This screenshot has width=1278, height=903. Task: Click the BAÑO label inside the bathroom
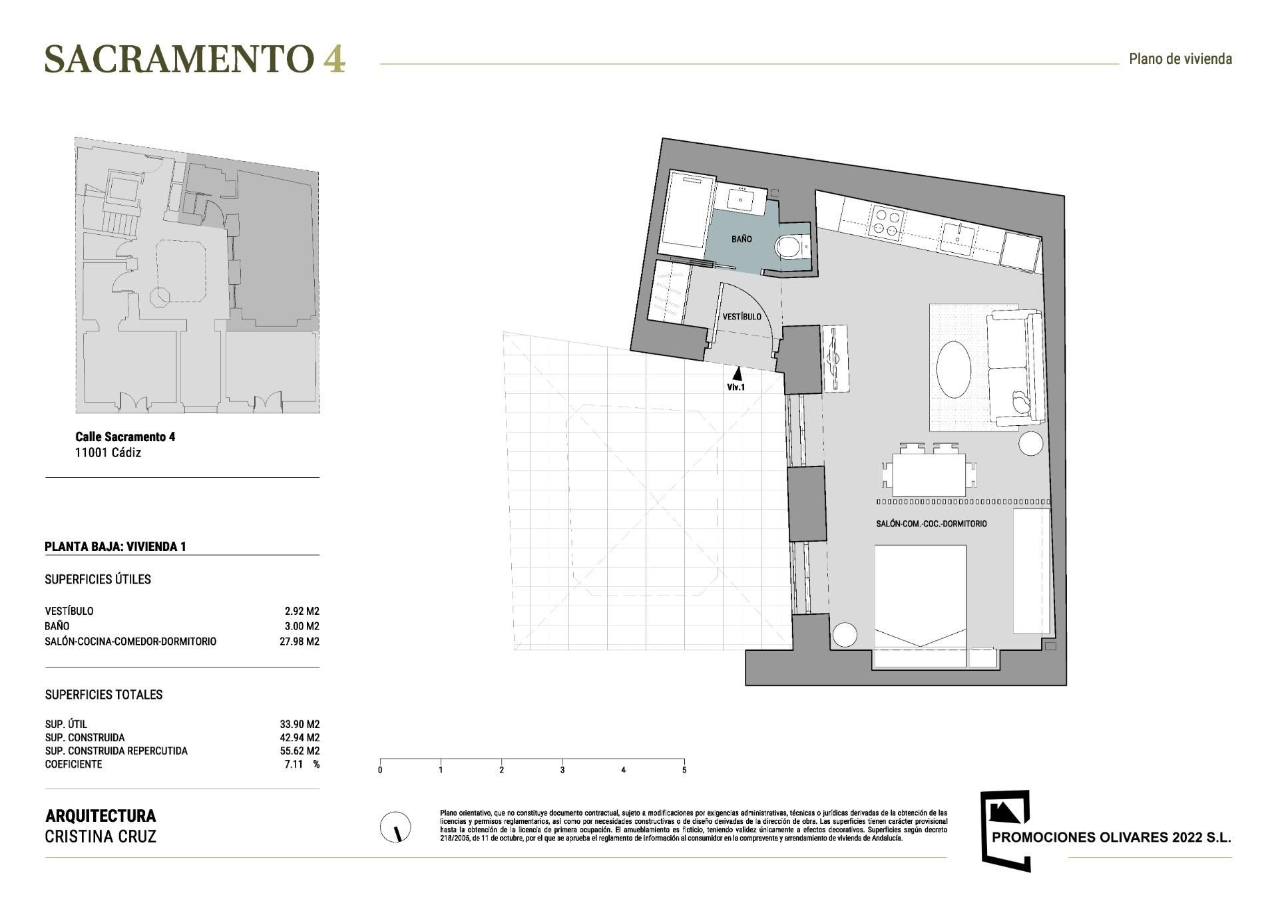click(x=742, y=239)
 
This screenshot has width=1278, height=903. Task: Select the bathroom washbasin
click(x=740, y=198)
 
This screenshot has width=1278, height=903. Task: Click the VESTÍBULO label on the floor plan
click(x=742, y=317)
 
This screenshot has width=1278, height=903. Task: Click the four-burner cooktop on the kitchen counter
click(x=886, y=223)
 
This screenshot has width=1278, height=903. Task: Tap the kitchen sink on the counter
click(x=958, y=238)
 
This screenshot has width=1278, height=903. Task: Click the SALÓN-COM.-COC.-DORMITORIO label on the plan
click(x=931, y=524)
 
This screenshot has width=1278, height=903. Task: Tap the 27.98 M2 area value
click(x=300, y=641)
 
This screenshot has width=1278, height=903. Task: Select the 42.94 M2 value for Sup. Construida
click(x=300, y=737)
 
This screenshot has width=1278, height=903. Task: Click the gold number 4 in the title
click(x=334, y=59)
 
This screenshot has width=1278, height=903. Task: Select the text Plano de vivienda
click(x=1180, y=59)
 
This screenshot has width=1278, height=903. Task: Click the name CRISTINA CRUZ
click(x=101, y=836)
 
